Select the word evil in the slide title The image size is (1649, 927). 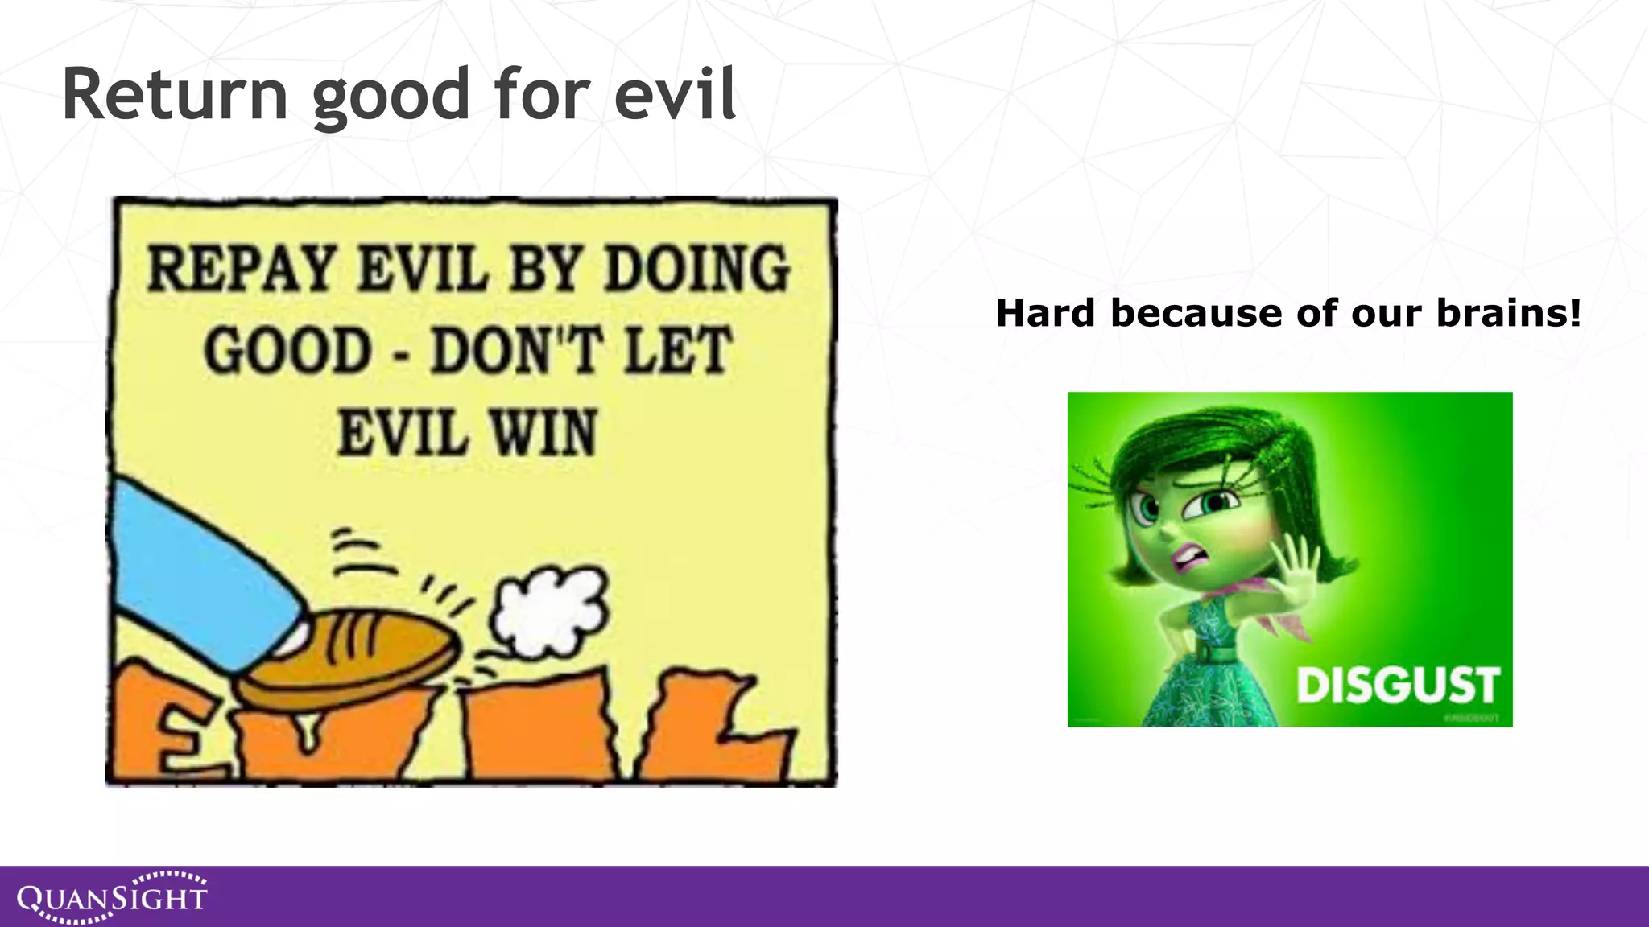pos(675,95)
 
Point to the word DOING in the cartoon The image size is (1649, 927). pos(697,269)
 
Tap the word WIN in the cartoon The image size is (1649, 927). pos(544,433)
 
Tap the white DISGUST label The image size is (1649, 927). pos(1398,685)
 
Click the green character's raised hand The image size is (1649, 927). pos(1296,571)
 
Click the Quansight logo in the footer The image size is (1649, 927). pos(113,896)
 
